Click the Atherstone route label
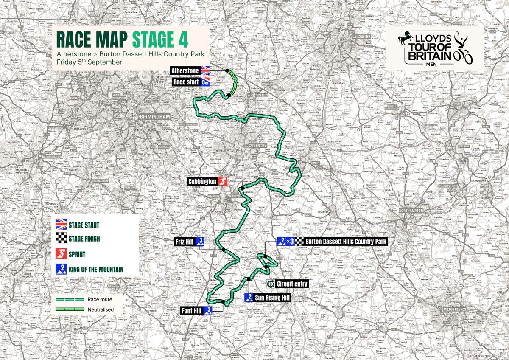[185, 70]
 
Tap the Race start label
[185, 81]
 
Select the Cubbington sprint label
[202, 181]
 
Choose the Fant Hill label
[192, 310]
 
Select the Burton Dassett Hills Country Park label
[346, 242]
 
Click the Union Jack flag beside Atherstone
[206, 70]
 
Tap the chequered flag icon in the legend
[62, 239]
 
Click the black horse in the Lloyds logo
[407, 40]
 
